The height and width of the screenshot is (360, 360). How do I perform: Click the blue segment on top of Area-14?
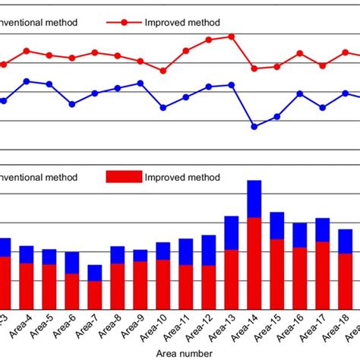coord(254,199)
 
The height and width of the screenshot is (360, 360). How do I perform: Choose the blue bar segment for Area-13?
coord(232,233)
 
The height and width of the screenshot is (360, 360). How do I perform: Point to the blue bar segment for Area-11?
coord(186,252)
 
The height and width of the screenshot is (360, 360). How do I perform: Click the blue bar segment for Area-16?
coord(300,235)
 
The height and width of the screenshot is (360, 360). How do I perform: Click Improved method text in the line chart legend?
coord(182,23)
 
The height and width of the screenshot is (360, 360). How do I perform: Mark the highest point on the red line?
coord(232,36)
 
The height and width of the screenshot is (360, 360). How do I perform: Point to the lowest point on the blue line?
coord(254,126)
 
